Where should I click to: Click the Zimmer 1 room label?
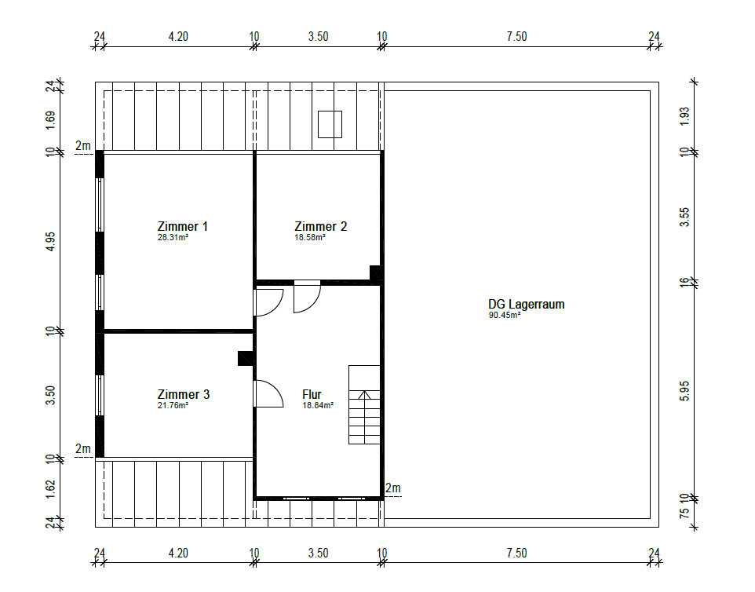coord(183,226)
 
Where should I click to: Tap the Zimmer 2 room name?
coord(321,226)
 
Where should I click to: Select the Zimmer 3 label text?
coord(184,394)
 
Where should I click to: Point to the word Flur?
coord(312,394)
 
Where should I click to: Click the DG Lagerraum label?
coord(527,305)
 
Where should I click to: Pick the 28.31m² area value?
coord(173,237)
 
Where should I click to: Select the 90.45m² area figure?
coord(505,316)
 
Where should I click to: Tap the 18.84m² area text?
coord(318,406)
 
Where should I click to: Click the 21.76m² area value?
coord(173,406)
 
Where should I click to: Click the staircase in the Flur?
coord(364,404)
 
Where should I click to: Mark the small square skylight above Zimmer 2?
coord(330,124)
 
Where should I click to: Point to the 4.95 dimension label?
coord(50,241)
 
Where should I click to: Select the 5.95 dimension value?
coord(684,391)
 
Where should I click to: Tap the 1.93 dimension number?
coord(684,116)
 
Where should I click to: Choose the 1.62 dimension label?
coord(50,489)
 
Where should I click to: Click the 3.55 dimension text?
coord(684,217)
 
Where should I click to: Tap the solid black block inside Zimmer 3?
coord(246,358)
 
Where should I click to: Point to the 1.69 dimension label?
coord(50,120)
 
